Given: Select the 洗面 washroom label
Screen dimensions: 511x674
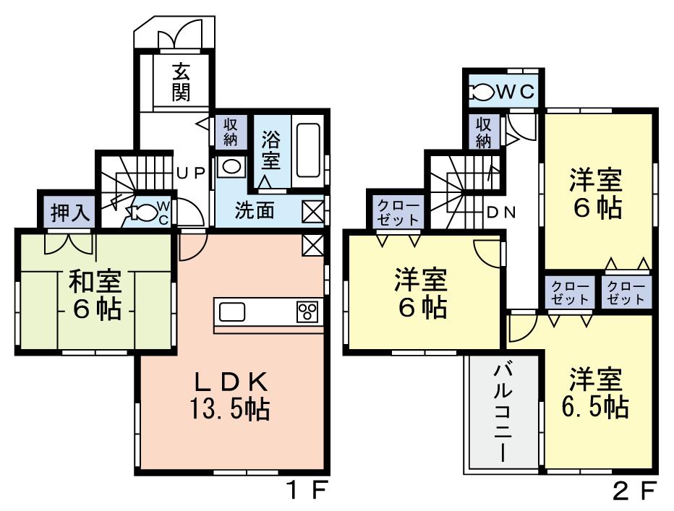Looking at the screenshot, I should click(x=254, y=210).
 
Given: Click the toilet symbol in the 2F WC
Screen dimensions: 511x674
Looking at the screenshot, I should click(x=482, y=92).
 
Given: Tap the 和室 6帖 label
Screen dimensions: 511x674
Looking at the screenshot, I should click(x=95, y=296).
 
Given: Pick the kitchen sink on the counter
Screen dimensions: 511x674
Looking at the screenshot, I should click(x=233, y=312).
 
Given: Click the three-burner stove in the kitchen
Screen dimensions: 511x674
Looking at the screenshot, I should click(x=307, y=312).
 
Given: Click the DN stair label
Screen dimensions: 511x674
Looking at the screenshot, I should click(x=500, y=212).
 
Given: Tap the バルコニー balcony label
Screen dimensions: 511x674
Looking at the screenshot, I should click(x=503, y=412).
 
